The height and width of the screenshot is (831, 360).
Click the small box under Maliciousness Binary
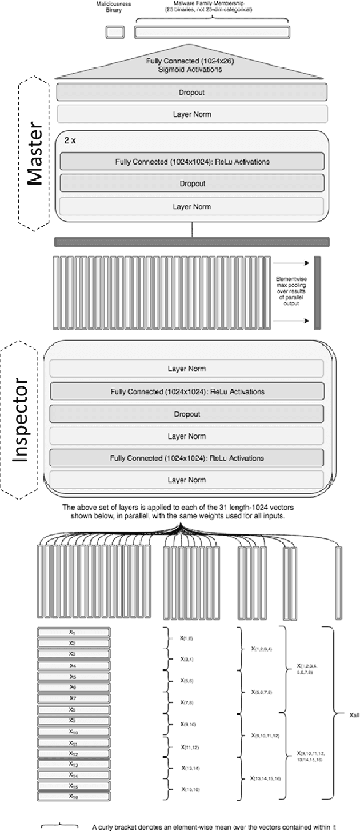114,33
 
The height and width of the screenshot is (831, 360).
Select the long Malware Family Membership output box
211,33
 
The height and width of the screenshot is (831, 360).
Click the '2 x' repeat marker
70,139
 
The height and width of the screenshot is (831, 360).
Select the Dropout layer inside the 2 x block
191,183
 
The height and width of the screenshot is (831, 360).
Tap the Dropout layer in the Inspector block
187,414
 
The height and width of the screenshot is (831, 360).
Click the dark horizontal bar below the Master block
191,242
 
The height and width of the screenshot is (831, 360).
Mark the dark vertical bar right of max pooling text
317,293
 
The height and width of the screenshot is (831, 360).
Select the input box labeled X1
73,632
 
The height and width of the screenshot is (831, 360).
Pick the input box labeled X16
73,796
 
